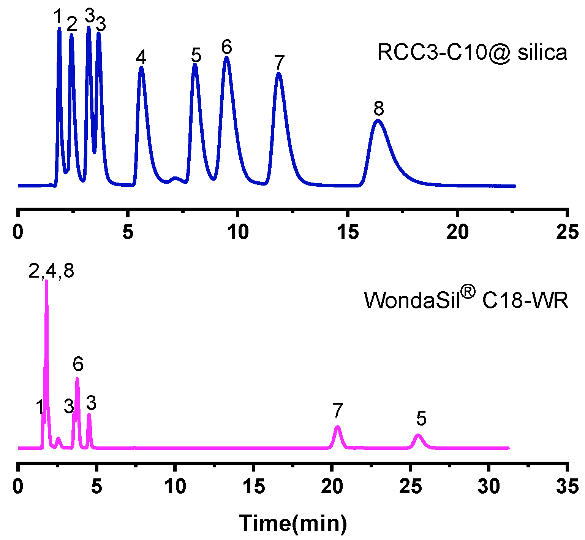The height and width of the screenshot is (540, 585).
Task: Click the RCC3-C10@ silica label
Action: coord(472,52)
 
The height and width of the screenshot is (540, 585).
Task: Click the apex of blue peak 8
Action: coord(378,121)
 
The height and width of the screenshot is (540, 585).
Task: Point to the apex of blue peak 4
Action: coord(141,67)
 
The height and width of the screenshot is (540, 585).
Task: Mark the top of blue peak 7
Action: coord(279,73)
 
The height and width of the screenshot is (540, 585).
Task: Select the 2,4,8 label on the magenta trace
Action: coord(51,271)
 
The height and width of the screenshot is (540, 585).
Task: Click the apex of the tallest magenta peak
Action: coord(47,281)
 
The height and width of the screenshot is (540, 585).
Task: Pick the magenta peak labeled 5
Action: coord(418,435)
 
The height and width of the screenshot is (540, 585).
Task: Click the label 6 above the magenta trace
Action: coord(78,364)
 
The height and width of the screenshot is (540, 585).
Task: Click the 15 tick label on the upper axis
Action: coord(348,232)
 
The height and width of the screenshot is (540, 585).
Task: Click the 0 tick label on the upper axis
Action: coord(18,232)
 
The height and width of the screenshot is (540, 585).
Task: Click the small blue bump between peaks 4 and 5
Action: coord(175,178)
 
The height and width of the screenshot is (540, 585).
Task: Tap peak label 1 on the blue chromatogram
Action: coord(58,17)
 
